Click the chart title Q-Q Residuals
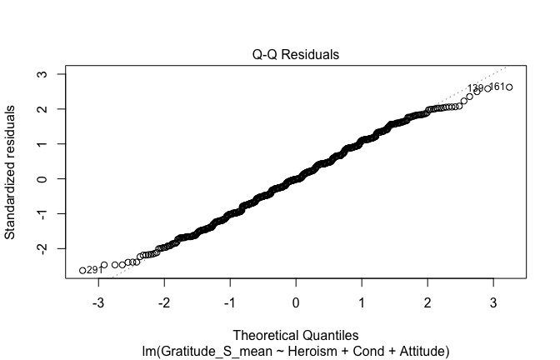point(296,54)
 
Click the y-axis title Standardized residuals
point(12,172)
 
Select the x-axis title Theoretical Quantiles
point(296,337)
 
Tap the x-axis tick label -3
point(97,301)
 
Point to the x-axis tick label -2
point(164,301)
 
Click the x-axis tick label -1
point(230,301)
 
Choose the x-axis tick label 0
point(296,301)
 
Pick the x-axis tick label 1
point(362,301)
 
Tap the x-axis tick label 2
point(427,301)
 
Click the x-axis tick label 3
point(493,301)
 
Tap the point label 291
point(94,270)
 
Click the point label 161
point(497,87)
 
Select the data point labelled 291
point(82,270)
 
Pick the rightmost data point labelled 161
point(509,87)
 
